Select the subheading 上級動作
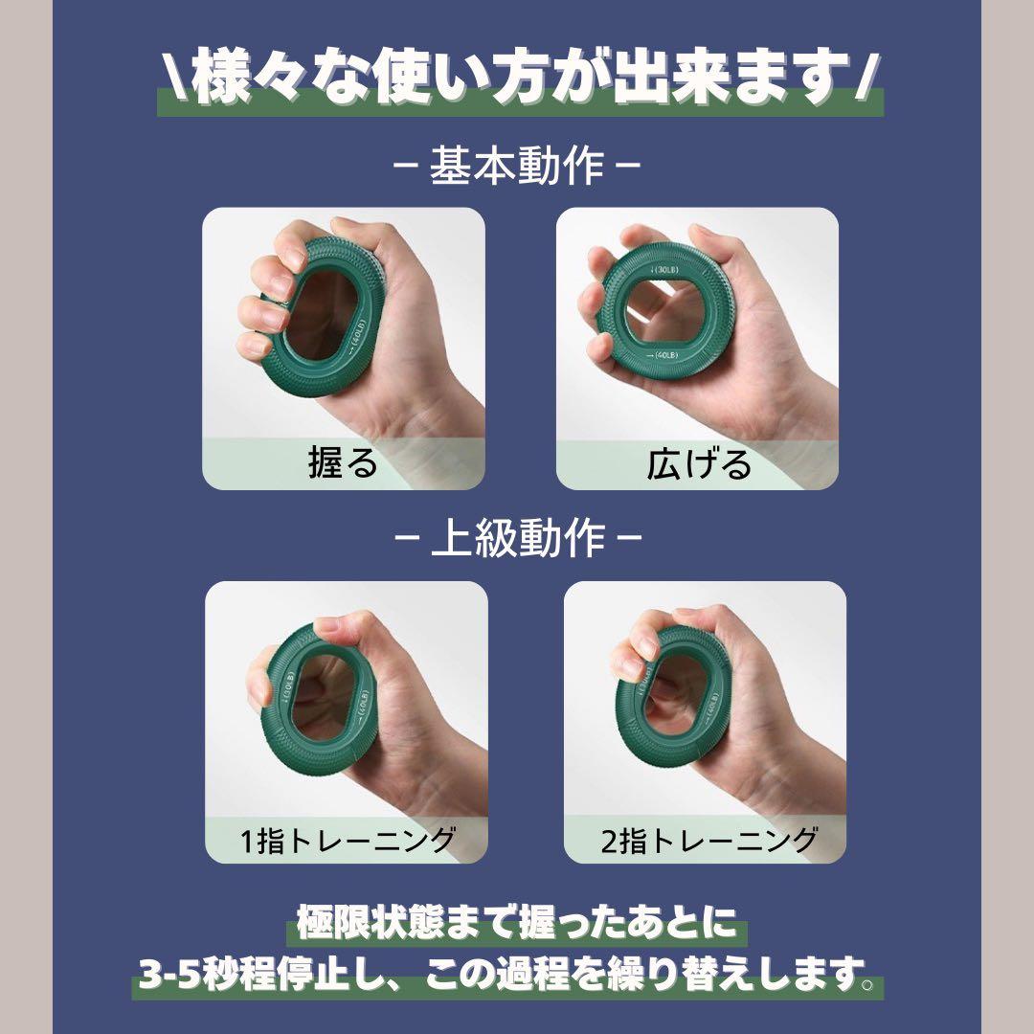pos(518,538)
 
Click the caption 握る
pos(343,462)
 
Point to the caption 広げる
pos(699,463)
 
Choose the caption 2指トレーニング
pos(708,840)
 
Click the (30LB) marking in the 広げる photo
pos(663,269)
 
